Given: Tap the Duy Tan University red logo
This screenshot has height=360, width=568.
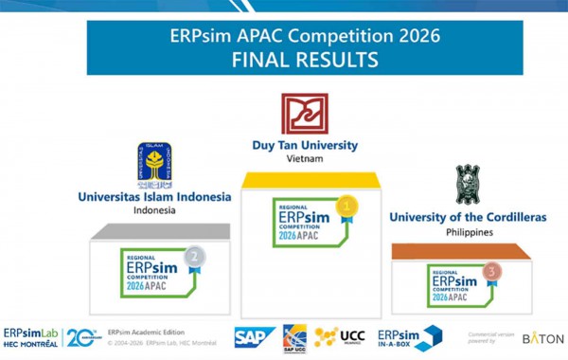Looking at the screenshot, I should pos(304,115).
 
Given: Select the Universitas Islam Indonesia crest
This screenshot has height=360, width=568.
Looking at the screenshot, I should pos(153,164).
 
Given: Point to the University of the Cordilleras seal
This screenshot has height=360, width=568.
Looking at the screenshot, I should pos(468,184).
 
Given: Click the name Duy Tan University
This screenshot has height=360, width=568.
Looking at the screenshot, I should pos(304,146).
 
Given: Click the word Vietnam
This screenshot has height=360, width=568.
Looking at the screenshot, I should pos(304,159).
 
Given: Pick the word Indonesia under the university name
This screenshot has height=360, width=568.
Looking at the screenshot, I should pos(153,210).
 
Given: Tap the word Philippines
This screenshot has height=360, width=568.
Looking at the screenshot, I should pos(468,231).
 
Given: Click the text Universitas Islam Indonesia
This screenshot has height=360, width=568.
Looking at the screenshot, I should pos(153,196).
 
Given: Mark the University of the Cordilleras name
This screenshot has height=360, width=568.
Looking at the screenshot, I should pos(468,217).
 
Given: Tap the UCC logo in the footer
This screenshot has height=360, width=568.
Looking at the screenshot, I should pos(340,336).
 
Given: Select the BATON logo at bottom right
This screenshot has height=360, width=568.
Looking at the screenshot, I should pos(542,338).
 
